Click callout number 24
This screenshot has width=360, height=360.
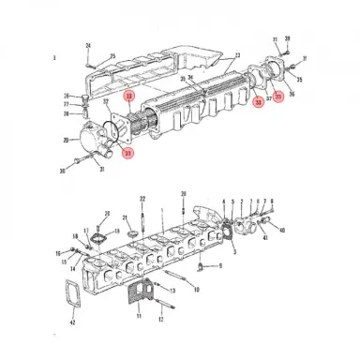coord(87,46)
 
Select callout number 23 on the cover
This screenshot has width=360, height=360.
coord(238,54)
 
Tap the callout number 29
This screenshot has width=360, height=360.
coord(67,140)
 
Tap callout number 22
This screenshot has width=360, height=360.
coord(142,199)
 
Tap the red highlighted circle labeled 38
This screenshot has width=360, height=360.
coord(258,103)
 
